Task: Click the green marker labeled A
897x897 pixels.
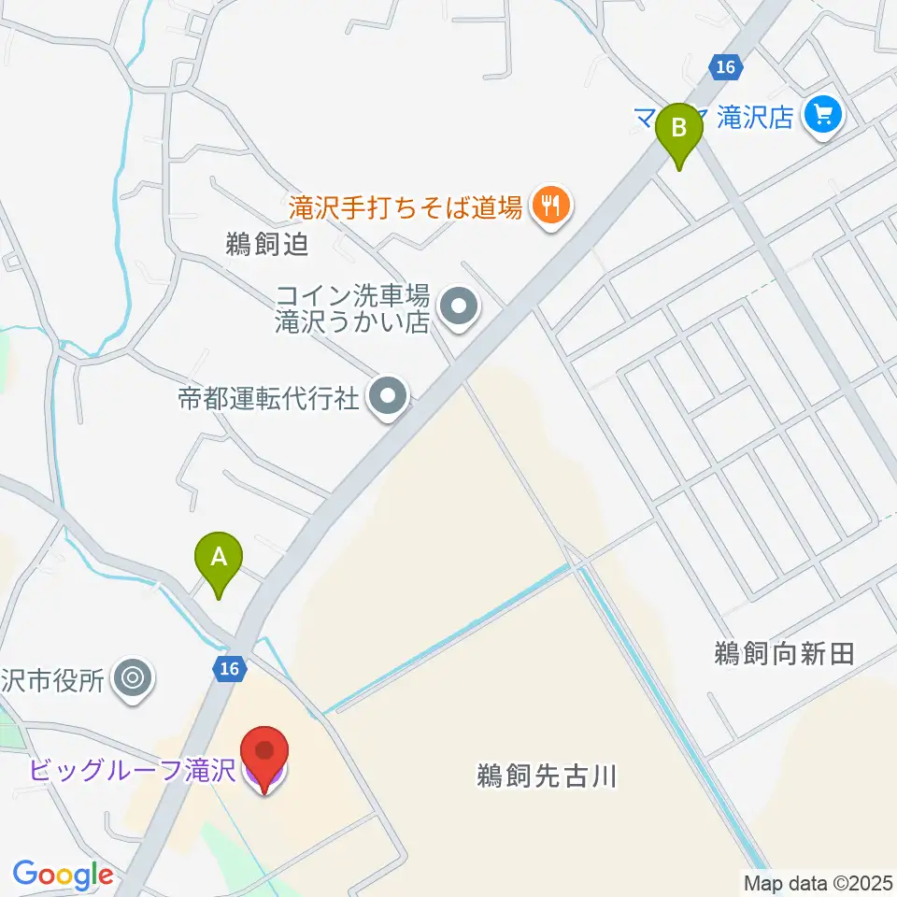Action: [x=219, y=558]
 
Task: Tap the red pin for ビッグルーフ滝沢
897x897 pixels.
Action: [x=264, y=752]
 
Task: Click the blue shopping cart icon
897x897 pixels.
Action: [x=824, y=116]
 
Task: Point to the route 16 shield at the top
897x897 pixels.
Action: [x=725, y=66]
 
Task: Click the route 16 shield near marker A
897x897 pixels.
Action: [x=230, y=667]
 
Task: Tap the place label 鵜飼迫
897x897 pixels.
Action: [x=266, y=245]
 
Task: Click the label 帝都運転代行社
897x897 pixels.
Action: [x=268, y=399]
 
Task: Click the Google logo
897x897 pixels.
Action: [x=63, y=875]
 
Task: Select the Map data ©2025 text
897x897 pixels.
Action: [x=818, y=881]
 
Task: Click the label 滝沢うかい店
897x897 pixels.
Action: [x=350, y=322]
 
